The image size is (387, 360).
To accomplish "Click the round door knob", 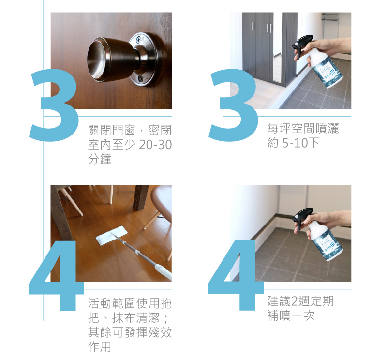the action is click(x=111, y=59).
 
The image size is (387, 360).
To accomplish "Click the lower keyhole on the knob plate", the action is click(x=140, y=78).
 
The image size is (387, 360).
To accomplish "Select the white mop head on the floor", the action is click(x=112, y=235).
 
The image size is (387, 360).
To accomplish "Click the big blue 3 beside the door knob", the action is click(x=54, y=105).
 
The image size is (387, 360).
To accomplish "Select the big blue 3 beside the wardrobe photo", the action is click(x=233, y=105).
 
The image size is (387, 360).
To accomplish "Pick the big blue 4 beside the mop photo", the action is click(x=56, y=275).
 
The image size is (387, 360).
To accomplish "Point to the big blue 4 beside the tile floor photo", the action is click(x=236, y=275).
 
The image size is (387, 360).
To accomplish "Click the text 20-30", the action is click(x=155, y=145).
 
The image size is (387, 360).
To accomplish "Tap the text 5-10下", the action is click(x=301, y=143).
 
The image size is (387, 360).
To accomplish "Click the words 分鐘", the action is click(x=100, y=159).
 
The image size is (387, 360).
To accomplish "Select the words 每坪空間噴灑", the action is click(x=303, y=128).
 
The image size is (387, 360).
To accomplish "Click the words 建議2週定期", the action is click(x=300, y=301).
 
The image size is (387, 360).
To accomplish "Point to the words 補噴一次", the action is click(x=291, y=315).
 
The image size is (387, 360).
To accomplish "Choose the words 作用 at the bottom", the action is click(x=100, y=346).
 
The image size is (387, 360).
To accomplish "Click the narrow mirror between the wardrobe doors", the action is click(x=277, y=68).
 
